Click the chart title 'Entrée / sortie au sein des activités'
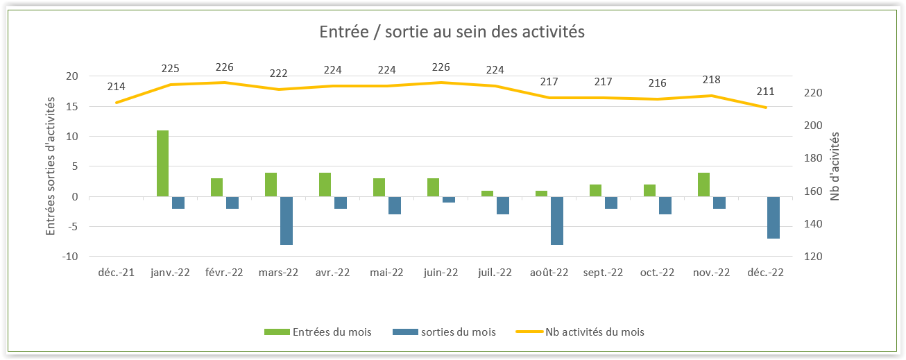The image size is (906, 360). point(452,32)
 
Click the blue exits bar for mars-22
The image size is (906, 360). point(287,221)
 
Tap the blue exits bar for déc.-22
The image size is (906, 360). point(773,218)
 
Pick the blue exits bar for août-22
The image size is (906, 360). point(557,221)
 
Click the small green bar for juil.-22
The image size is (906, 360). point(487,194)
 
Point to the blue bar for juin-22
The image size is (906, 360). point(449,200)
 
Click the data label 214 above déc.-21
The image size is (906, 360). point(116,87)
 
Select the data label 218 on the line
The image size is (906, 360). point(711,80)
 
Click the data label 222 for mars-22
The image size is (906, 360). point(278,74)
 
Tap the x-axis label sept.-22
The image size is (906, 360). point(603,273)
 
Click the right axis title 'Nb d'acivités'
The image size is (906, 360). point(835,166)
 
